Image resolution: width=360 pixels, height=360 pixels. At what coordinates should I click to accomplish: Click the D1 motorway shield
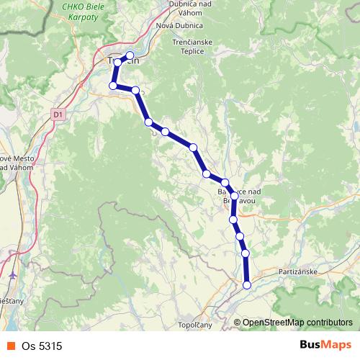pos(58,113)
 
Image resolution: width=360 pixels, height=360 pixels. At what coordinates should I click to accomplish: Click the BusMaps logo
pos(325,346)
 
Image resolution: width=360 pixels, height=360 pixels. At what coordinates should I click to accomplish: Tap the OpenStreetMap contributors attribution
pos(297,323)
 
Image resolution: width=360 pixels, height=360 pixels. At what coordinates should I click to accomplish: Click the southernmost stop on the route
pos(247,285)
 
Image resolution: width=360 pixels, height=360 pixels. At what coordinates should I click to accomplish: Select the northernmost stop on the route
pos(130,55)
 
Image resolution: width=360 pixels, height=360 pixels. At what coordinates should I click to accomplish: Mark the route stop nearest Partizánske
pos(247,285)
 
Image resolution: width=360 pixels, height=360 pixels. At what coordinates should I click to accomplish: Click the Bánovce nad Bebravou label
pos(237,196)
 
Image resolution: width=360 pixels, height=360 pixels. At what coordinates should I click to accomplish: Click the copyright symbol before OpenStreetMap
pos(237,323)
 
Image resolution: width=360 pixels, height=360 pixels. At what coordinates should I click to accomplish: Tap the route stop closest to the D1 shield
pos(113,86)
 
